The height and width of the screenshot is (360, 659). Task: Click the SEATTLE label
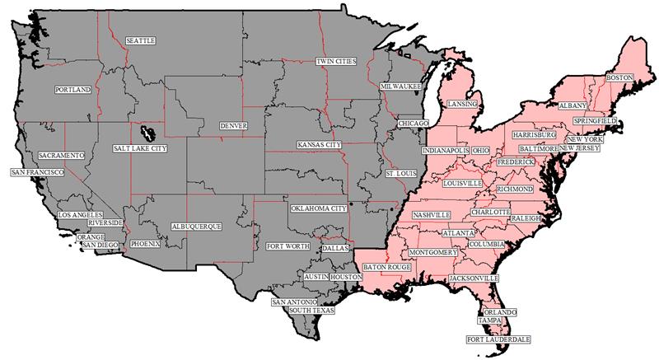(x=140, y=40)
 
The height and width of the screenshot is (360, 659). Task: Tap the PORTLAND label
(x=72, y=89)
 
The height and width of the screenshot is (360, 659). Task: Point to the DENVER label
(x=233, y=126)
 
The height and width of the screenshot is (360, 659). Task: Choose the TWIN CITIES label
(x=336, y=62)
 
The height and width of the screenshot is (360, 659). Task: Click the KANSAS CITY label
(x=319, y=145)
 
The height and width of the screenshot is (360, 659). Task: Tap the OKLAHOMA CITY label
(x=319, y=208)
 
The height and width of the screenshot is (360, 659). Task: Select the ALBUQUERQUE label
(x=196, y=226)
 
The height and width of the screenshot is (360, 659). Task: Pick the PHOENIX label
(x=145, y=244)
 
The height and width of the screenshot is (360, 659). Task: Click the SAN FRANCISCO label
(x=37, y=172)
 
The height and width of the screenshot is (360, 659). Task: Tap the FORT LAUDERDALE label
(x=498, y=339)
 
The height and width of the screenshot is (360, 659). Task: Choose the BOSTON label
(x=619, y=77)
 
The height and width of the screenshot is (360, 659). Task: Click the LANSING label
(x=457, y=105)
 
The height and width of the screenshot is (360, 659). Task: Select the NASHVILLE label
(x=432, y=214)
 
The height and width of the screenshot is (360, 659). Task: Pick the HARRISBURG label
(x=534, y=133)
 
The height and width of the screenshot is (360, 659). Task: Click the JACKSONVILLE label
(x=474, y=279)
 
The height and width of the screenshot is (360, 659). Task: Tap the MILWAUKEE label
(x=401, y=86)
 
